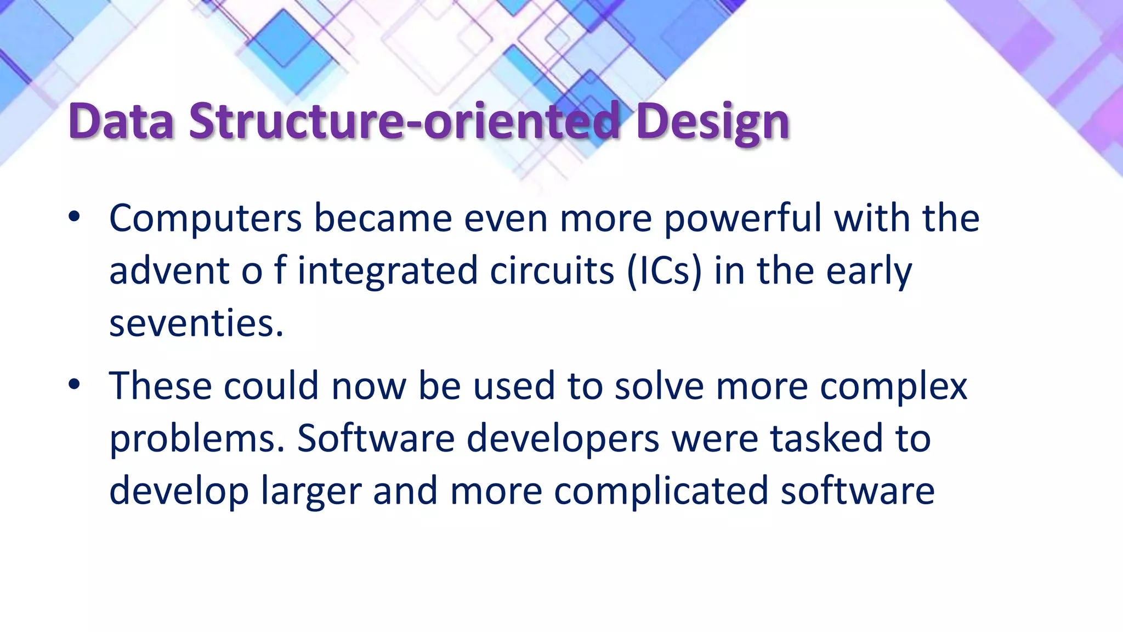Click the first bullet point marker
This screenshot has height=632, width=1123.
pyautogui.click(x=74, y=217)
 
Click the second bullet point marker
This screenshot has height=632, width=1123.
pyautogui.click(x=74, y=385)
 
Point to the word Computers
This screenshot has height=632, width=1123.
pyautogui.click(x=206, y=218)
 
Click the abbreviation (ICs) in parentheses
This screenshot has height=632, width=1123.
pyautogui.click(x=664, y=270)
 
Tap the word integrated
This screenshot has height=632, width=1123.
pyautogui.click(x=388, y=270)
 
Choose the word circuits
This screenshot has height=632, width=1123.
pyautogui.click(x=552, y=270)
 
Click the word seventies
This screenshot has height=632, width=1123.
pyautogui.click(x=196, y=323)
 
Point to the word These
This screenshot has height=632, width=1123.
pyautogui.click(x=160, y=386)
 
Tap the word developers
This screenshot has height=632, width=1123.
pyautogui.click(x=563, y=438)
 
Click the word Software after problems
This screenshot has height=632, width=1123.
pyautogui.click(x=376, y=438)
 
